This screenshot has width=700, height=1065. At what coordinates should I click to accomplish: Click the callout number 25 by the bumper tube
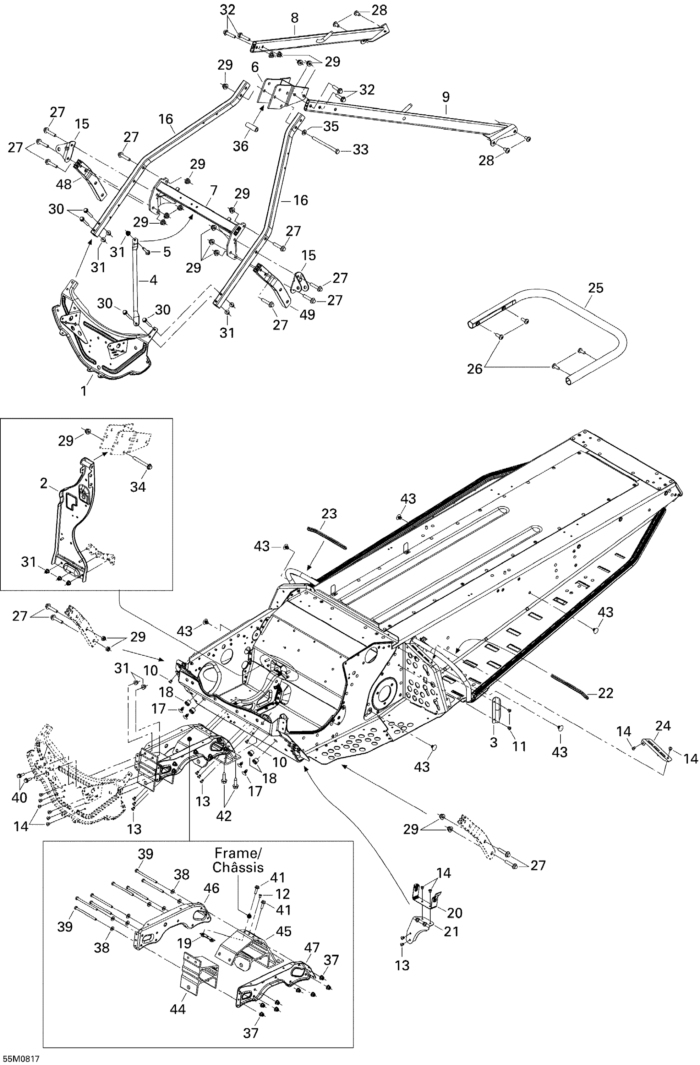coord(596,288)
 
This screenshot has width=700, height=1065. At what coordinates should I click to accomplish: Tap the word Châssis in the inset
coord(238,867)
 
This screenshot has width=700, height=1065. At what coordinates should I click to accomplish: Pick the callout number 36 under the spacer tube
coord(240,146)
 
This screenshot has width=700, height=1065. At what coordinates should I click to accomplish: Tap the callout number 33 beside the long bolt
coord(360,149)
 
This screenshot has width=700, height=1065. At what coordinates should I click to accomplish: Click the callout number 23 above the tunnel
coord(329,514)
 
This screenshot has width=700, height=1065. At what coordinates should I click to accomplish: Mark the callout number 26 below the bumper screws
coord(475,369)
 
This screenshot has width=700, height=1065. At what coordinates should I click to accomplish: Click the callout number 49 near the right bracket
coord(307,315)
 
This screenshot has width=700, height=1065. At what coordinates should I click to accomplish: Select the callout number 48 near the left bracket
coord(64,184)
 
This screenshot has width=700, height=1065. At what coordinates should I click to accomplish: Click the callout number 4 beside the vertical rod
coord(153,280)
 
